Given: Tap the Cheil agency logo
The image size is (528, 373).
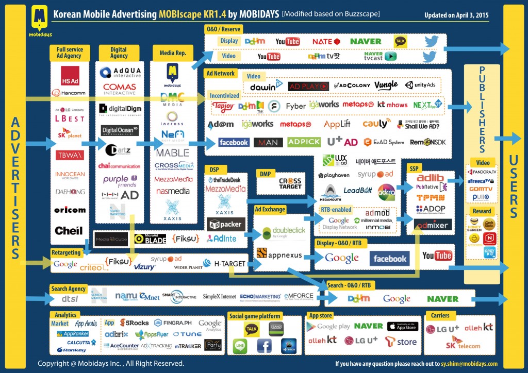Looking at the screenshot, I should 69,230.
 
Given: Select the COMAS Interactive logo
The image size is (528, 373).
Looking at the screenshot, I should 119,89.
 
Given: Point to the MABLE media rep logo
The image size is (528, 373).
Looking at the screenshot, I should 173,152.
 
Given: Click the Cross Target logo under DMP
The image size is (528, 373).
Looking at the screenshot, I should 290,183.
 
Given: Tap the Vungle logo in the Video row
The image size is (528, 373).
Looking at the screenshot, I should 386,85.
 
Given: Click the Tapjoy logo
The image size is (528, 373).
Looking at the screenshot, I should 223,106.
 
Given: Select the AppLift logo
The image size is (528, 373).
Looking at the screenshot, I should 337,124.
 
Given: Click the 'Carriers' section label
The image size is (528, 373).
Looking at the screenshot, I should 438,315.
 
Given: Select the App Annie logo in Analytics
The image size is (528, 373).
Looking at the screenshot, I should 86,324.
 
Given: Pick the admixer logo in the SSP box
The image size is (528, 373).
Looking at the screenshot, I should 432,224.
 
